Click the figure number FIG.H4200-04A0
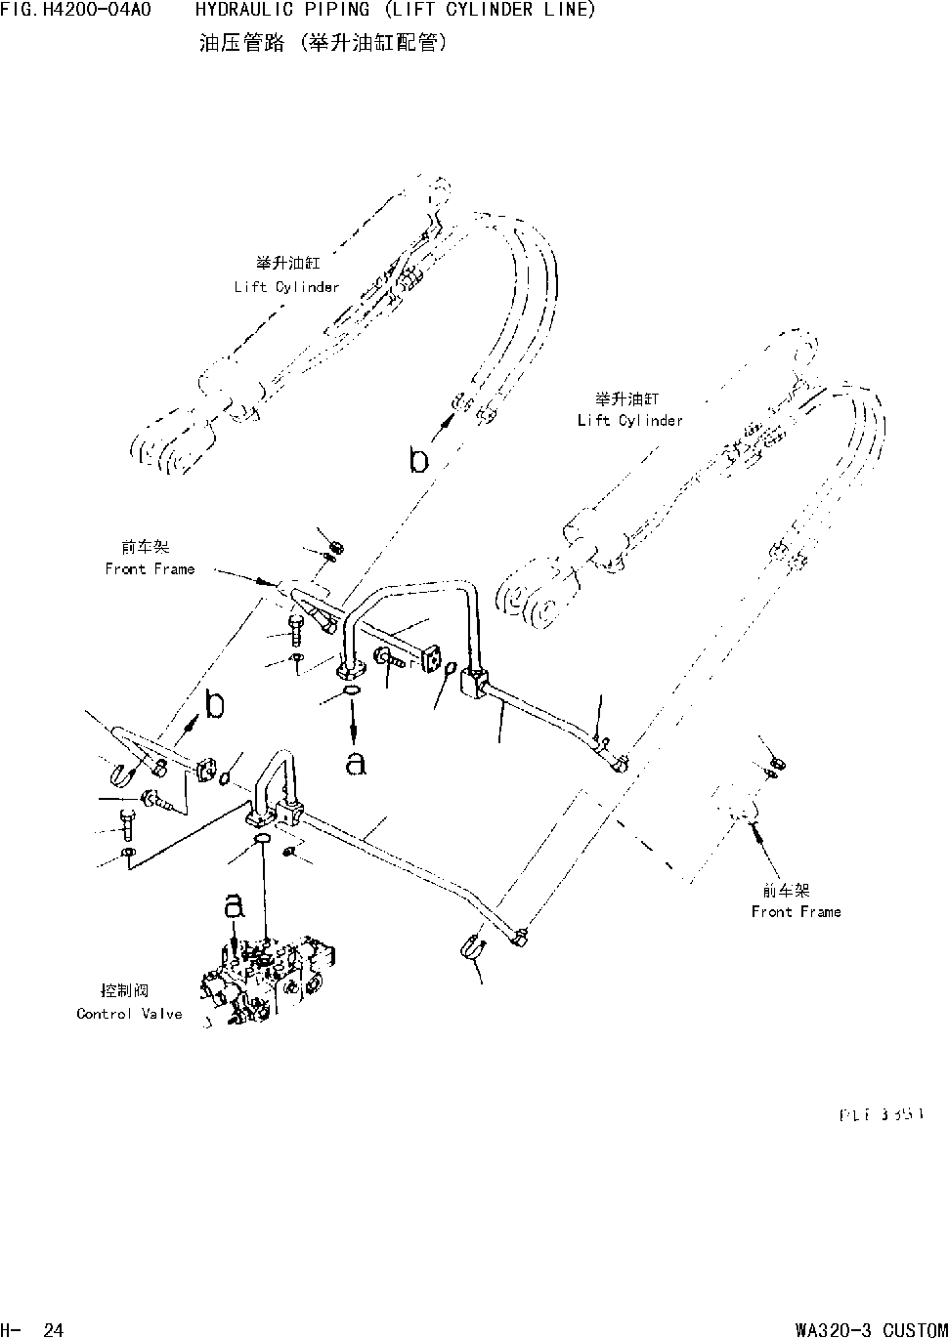click(75, 11)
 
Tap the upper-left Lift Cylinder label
click(286, 286)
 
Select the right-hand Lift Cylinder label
click(629, 420)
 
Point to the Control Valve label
click(129, 1014)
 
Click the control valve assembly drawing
click(269, 982)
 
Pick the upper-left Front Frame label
click(150, 568)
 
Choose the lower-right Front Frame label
click(796, 911)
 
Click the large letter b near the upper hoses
click(419, 459)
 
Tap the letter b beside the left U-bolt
click(214, 704)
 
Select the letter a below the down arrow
click(356, 763)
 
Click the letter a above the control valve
click(234, 907)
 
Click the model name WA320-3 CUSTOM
click(871, 1329)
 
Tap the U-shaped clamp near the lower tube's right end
click(469, 946)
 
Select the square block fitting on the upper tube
click(474, 680)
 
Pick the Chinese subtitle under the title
click(323, 45)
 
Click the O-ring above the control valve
click(263, 841)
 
